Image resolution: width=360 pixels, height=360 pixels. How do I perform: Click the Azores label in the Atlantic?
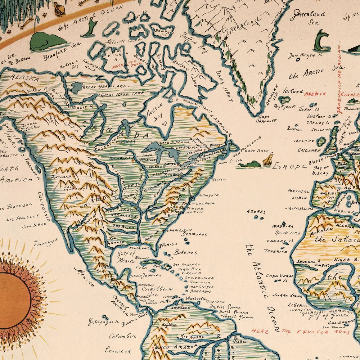[x=256, y=212]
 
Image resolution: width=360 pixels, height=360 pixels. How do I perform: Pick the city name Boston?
[x=219, y=179]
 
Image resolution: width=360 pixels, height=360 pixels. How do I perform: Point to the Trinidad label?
[x=216, y=301]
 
